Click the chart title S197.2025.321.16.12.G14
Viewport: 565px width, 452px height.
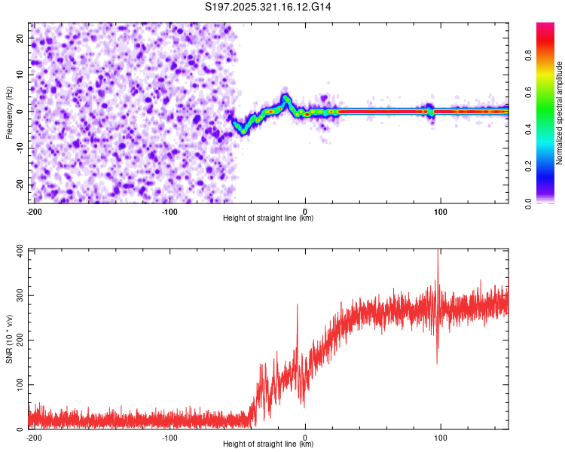[268, 7]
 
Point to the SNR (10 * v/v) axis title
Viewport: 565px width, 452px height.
[9, 338]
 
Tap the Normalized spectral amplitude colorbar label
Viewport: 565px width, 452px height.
[559, 113]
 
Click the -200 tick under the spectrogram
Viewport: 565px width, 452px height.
[34, 211]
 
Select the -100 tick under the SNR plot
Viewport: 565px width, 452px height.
[169, 437]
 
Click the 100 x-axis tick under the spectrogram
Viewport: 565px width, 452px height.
[440, 211]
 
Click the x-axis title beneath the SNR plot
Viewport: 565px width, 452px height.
[268, 444]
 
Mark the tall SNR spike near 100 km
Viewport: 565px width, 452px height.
[438, 256]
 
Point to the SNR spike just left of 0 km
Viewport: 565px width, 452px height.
[297, 306]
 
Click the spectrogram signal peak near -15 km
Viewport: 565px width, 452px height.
[286, 97]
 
